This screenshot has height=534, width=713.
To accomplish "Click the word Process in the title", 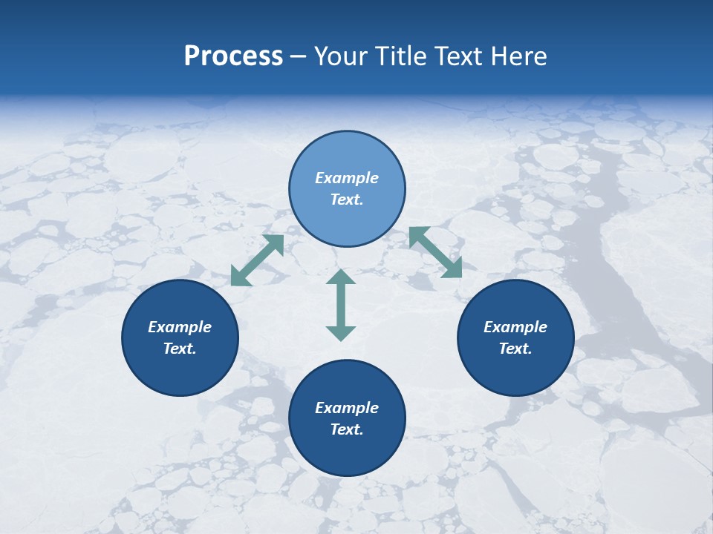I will (x=233, y=56).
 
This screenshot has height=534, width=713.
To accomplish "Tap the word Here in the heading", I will (x=518, y=56).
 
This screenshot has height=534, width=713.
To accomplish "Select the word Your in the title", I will (x=342, y=56).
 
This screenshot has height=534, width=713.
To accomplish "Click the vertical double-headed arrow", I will (x=341, y=305).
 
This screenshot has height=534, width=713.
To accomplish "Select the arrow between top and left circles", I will (x=257, y=260).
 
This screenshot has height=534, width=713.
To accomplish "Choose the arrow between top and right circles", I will (x=435, y=252).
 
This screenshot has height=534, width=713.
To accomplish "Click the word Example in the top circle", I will (x=347, y=178).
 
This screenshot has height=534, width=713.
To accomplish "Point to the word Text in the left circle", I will (x=180, y=349).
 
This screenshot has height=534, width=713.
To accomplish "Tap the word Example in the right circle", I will (x=515, y=327).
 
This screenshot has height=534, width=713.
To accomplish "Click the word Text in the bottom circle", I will (x=347, y=429).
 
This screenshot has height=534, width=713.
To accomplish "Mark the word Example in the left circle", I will (x=180, y=327).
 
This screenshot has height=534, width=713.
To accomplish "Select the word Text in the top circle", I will (x=347, y=200).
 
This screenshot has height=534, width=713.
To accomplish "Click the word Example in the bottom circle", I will (x=347, y=408).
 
